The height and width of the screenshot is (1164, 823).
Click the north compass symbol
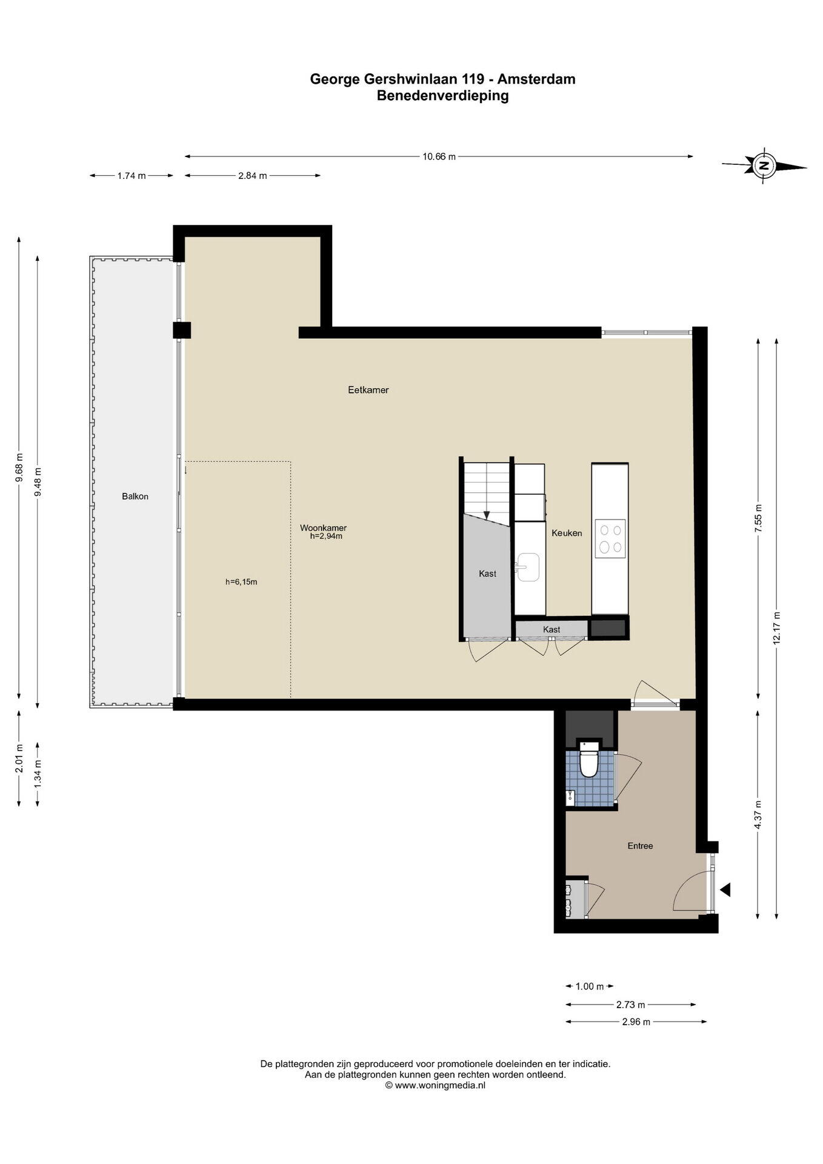(764, 165)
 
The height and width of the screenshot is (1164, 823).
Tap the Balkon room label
(135, 496)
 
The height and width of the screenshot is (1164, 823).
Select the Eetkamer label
(368, 390)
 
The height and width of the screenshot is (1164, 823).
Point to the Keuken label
(567, 533)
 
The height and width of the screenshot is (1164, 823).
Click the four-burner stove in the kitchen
(610, 538)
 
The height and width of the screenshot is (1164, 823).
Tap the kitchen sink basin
(528, 567)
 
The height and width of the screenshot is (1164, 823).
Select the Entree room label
(640, 846)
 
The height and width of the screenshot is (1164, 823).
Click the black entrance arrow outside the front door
(725, 889)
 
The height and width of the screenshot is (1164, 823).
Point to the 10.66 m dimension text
(439, 156)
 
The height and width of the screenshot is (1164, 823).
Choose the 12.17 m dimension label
(776, 630)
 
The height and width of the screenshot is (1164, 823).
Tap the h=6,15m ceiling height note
(241, 582)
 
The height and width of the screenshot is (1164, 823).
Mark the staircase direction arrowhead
(486, 515)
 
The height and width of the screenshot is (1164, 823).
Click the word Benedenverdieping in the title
(442, 95)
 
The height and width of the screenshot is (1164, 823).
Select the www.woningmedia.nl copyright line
(435, 1085)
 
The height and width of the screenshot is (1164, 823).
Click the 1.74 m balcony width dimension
(132, 176)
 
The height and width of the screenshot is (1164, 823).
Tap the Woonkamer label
(323, 528)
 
